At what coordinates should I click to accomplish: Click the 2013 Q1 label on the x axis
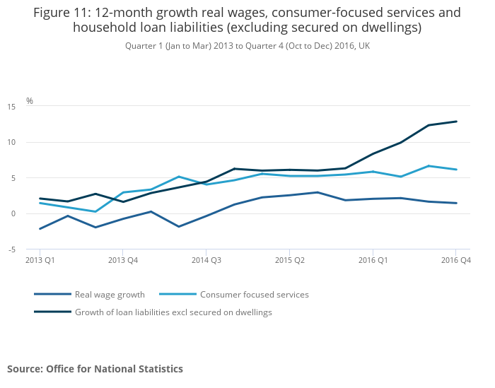(40, 260)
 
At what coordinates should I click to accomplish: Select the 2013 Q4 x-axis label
(122, 260)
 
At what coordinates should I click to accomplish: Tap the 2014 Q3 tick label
(206, 260)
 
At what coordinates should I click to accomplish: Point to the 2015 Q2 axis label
(289, 260)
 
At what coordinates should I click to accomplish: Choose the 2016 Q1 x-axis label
(372, 260)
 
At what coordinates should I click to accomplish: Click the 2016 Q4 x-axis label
(456, 260)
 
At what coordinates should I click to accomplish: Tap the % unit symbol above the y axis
(30, 100)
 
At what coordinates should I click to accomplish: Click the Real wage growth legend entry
(110, 295)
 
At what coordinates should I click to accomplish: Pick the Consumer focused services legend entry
(254, 295)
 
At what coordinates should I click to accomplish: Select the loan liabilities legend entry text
(173, 312)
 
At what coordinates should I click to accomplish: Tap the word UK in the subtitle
(363, 45)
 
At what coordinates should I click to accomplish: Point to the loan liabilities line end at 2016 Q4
(456, 122)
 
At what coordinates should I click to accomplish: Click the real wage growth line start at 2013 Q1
(40, 229)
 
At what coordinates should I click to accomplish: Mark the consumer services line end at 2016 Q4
(456, 170)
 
